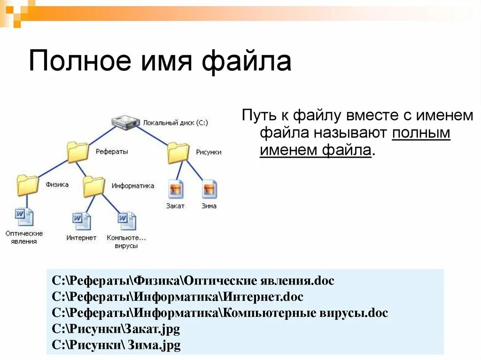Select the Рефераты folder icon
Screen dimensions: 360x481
tap(78, 152)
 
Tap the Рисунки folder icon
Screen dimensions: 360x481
tap(178, 152)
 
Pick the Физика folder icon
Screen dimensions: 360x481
tap(27, 185)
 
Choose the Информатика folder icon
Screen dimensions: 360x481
tap(93, 186)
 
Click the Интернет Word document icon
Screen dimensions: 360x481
tap(81, 221)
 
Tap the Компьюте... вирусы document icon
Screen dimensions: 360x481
tap(126, 221)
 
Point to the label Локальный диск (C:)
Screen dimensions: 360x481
tap(176, 123)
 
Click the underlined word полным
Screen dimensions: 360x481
tap(421, 133)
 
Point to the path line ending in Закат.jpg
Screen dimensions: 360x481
tap(116, 329)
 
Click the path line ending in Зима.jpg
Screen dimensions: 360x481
tap(116, 345)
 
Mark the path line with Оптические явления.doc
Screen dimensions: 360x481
tap(193, 281)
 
